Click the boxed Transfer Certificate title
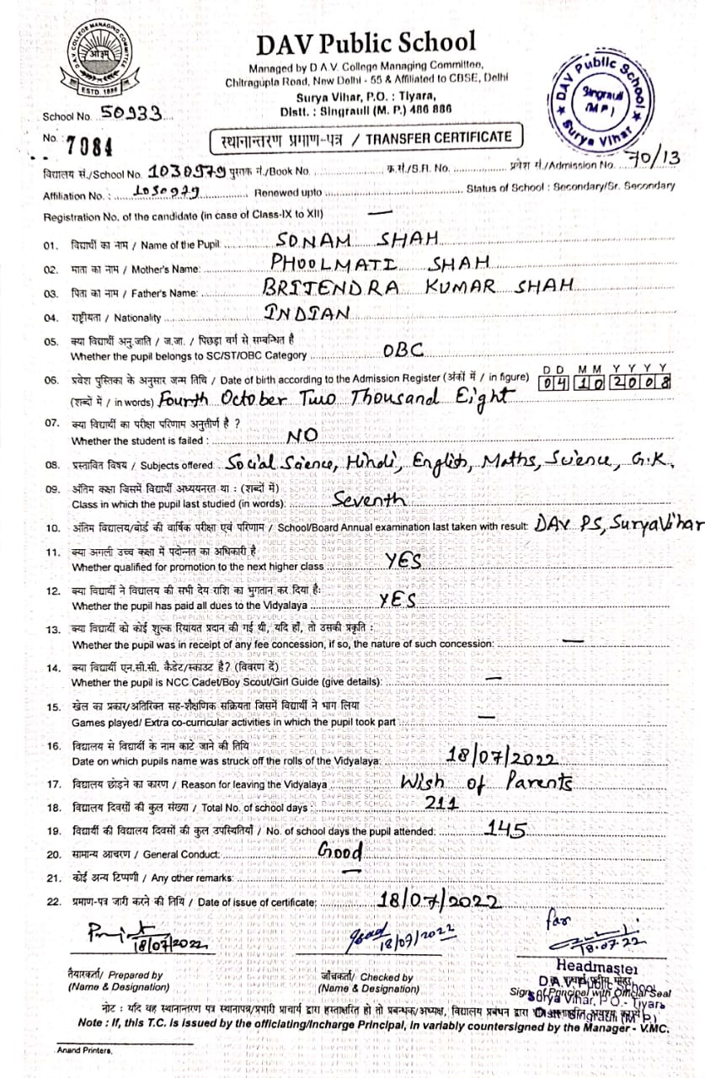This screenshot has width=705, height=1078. [x=365, y=137]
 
